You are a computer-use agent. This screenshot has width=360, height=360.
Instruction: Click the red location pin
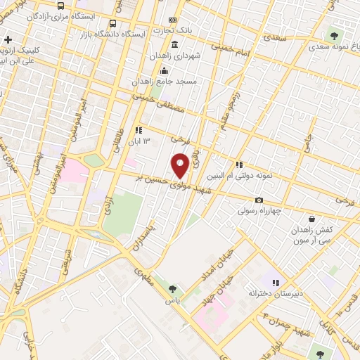click(181, 165)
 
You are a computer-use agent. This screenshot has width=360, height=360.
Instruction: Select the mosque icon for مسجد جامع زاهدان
click(165, 70)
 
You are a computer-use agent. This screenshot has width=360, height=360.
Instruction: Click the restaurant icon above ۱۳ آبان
click(139, 130)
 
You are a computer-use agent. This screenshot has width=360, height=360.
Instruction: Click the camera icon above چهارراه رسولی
click(259, 200)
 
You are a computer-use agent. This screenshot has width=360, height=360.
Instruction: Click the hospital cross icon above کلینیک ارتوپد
click(8, 39)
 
